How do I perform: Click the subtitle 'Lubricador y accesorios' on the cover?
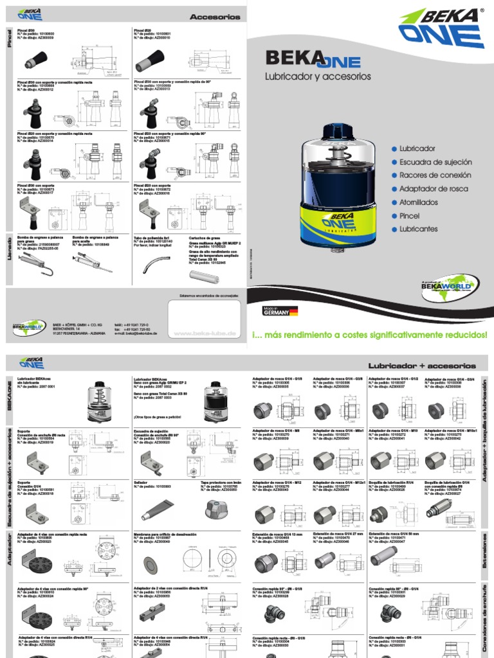(318, 76)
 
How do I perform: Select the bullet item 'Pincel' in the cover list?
(408, 215)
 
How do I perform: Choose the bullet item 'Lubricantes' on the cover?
(418, 229)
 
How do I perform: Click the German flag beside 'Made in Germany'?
(293, 312)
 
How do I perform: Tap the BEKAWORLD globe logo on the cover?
(457, 282)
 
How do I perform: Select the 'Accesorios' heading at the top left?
(215, 17)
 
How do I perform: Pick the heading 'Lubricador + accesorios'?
(421, 366)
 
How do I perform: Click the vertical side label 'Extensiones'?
(484, 553)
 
